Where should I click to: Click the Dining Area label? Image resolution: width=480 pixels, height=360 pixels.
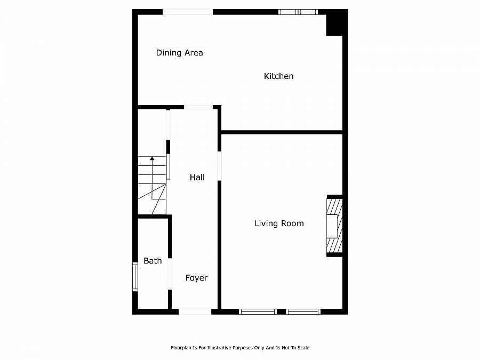(x=179, y=53)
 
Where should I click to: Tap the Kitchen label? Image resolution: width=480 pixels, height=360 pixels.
(x=278, y=76)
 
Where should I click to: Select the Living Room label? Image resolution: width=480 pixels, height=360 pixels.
(x=279, y=223)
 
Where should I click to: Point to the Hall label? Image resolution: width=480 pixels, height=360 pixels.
(x=197, y=178)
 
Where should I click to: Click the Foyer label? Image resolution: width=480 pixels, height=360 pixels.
(x=196, y=278)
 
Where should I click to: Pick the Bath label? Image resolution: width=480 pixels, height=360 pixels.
(x=153, y=261)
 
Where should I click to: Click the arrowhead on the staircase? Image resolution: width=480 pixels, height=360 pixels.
(x=152, y=158)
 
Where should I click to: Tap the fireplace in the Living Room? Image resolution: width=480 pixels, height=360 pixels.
(x=334, y=226)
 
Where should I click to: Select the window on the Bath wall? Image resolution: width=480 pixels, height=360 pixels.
(x=135, y=277)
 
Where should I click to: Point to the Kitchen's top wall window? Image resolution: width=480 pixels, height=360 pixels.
(x=298, y=12)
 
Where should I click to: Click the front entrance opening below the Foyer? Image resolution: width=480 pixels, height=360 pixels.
(x=195, y=311)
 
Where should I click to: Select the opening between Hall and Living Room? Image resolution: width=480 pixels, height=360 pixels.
(x=219, y=166)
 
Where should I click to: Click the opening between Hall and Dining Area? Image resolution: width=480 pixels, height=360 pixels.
(x=198, y=107)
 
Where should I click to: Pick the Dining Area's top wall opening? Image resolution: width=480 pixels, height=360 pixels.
(x=188, y=12)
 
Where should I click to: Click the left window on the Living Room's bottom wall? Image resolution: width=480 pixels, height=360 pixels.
(x=258, y=311)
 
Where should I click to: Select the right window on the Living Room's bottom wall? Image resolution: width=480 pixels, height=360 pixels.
(x=303, y=311)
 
